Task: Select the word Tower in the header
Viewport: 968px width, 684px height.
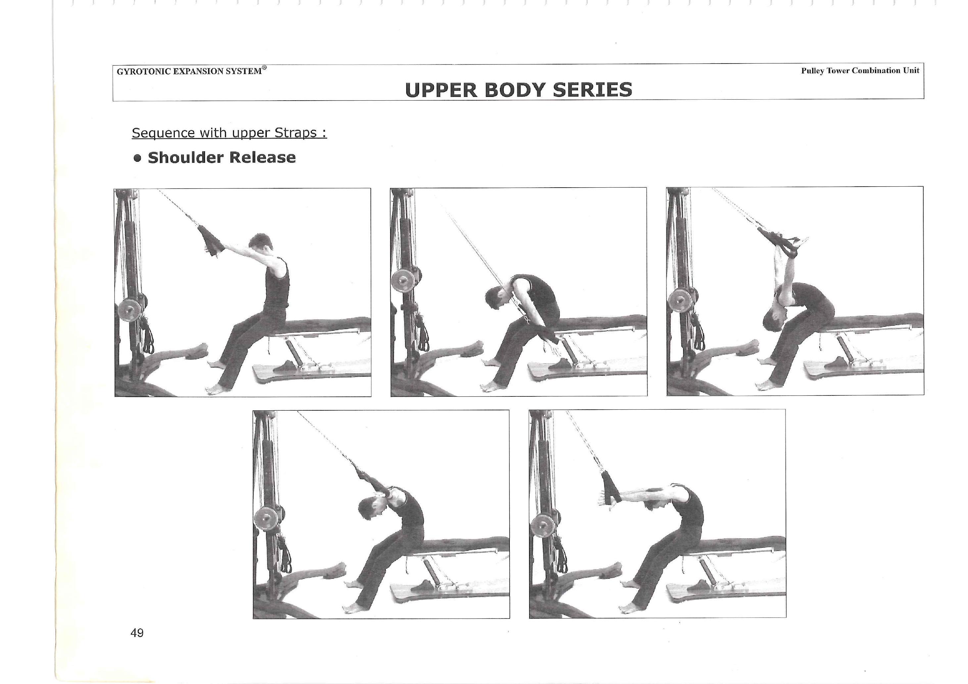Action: coord(838,70)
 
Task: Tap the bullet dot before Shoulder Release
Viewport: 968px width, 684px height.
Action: coord(137,158)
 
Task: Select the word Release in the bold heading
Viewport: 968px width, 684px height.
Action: coord(262,157)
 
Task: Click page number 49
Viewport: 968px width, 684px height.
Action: coord(137,633)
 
